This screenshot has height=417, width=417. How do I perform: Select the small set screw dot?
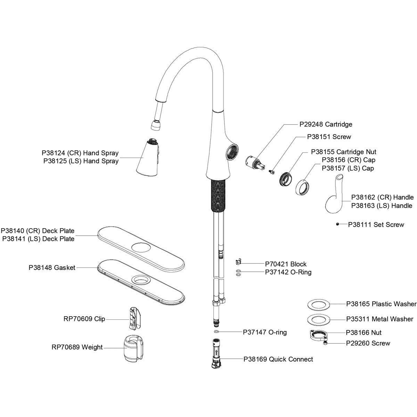coord(337,224)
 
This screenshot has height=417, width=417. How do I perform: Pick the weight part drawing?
coord(133,349)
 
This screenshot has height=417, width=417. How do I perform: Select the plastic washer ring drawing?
coord(319,304)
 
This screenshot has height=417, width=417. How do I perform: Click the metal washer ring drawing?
coord(319,319)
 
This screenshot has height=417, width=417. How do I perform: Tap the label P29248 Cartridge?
coord(326,124)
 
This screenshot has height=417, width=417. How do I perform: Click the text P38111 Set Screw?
coord(376,224)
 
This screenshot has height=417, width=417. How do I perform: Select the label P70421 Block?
coord(286,264)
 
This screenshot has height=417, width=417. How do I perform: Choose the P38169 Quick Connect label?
coord(278,359)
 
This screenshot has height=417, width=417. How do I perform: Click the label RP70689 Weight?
coord(77,347)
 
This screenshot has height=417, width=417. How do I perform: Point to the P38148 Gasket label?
coord(52,268)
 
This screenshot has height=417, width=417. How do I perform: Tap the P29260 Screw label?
coord(368,343)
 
